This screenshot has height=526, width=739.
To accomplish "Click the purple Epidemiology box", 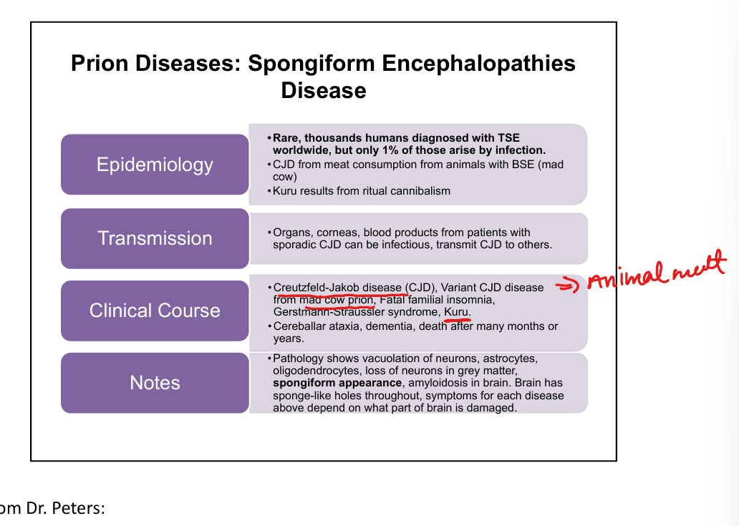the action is click(x=155, y=165).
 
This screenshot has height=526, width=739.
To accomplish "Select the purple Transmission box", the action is click(x=155, y=238).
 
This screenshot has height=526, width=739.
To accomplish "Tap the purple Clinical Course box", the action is click(x=155, y=311).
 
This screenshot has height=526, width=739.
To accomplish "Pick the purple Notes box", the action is click(x=155, y=383).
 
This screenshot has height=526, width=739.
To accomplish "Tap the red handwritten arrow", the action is click(x=569, y=286).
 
